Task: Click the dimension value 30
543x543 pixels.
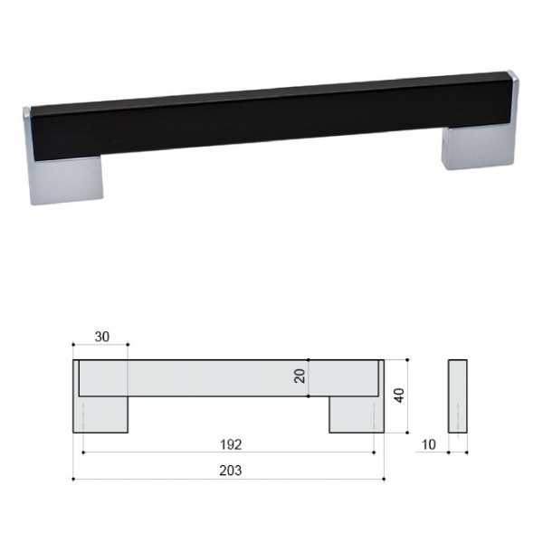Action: tap(101, 337)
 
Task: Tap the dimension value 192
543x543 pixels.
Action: tap(231, 444)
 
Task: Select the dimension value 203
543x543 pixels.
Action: tap(231, 471)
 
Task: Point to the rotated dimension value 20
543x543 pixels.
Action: tap(300, 376)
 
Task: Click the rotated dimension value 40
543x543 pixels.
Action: tap(399, 395)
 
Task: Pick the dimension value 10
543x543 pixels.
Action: tap(429, 444)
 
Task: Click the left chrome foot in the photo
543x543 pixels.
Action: tap(66, 180)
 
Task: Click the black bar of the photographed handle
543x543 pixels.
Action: tap(271, 116)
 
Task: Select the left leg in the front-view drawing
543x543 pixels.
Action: tap(100, 414)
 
